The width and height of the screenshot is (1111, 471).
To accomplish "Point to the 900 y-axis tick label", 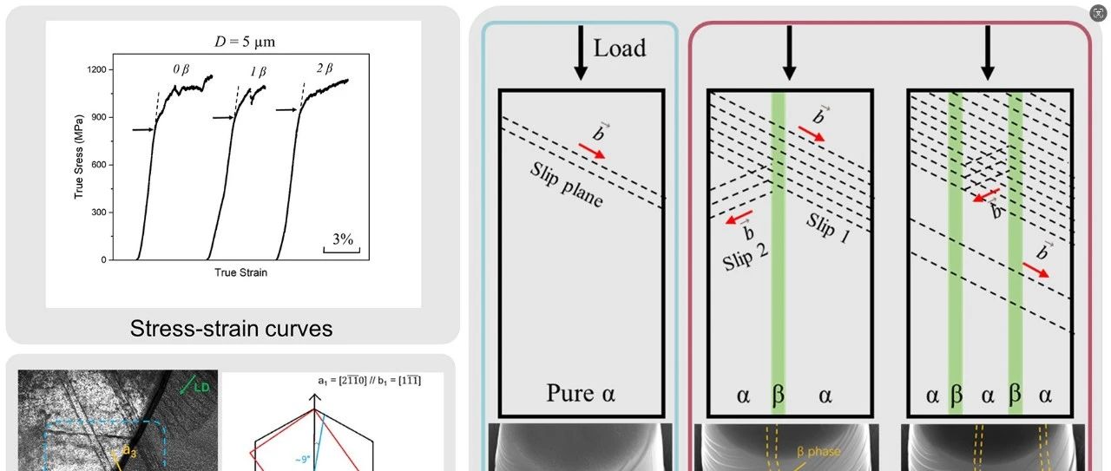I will tap(97, 117).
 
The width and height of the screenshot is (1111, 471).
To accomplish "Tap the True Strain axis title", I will tap(240, 272).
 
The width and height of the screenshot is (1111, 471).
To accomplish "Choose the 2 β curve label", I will tap(323, 68).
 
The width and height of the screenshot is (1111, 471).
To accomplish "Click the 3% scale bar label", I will tap(343, 240).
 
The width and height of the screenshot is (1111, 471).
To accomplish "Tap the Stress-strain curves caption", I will tap(231, 329).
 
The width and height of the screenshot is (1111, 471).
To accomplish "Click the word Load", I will tap(619, 48).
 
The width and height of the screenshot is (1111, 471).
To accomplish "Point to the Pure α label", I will tap(581, 396).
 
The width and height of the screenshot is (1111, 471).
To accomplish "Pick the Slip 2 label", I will tap(746, 252).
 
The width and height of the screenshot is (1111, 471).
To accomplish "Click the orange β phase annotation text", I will tap(819, 452).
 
